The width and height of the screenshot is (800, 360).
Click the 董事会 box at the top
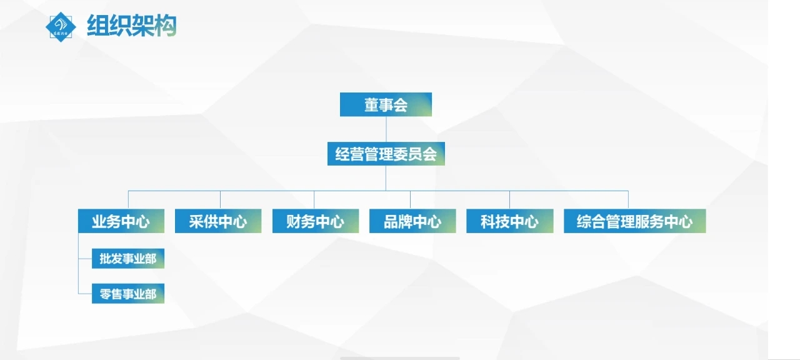pyautogui.click(x=386, y=104)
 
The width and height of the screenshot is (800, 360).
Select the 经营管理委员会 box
pyautogui.click(x=386, y=154)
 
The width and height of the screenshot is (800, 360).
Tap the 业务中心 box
pyautogui.click(x=121, y=221)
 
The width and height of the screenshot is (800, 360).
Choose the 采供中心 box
pyautogui.click(x=217, y=221)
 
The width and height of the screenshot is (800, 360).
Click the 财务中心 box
pyautogui.click(x=315, y=221)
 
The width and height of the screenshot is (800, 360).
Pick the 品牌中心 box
pyautogui.click(x=412, y=221)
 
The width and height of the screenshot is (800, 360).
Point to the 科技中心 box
pyautogui.click(x=509, y=221)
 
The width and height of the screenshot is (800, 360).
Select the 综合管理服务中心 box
pyautogui.click(x=634, y=221)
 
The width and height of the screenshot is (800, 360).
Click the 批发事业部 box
pyautogui.click(x=127, y=258)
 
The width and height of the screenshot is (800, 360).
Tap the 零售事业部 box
pyautogui.click(x=127, y=293)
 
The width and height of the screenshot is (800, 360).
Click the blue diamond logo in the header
pyautogui.click(x=61, y=27)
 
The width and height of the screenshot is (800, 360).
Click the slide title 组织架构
pyautogui.click(x=131, y=26)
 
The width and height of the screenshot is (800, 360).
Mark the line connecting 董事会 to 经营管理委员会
pyautogui.click(x=386, y=129)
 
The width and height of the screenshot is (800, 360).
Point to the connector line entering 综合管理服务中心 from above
pyautogui.click(x=628, y=200)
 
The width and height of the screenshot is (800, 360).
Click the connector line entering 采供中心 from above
pyautogui.click(x=220, y=200)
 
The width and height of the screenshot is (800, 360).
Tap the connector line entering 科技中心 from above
pyautogui.click(x=509, y=200)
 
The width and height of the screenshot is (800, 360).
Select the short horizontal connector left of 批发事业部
pyautogui.click(x=85, y=257)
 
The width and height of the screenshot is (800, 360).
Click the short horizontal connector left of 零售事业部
pyautogui.click(x=85, y=293)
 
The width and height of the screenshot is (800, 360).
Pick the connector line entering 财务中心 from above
pyautogui.click(x=314, y=200)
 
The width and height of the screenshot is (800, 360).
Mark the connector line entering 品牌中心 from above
pyautogui.click(x=411, y=200)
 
